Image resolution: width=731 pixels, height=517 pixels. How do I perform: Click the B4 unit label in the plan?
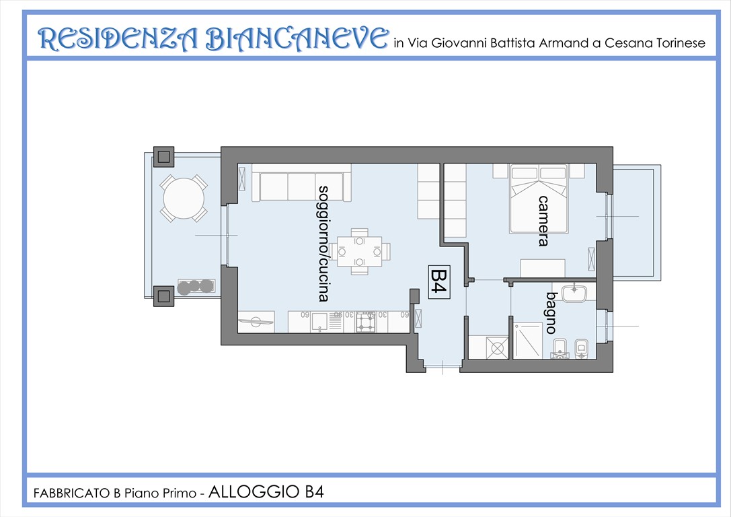[438, 281]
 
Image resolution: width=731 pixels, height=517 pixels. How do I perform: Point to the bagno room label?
[551, 312]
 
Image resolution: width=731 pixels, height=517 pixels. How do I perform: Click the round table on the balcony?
[180, 199]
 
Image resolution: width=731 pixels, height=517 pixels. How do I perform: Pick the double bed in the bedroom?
[539, 199]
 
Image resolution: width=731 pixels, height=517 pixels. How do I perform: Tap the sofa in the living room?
[301, 186]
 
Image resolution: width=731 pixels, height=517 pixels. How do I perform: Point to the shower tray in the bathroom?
[527, 341]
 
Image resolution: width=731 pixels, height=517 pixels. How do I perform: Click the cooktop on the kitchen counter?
[366, 322]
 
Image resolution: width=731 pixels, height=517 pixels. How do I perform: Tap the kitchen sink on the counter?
[320, 322]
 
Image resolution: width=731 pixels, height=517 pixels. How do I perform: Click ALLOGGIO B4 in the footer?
[266, 492]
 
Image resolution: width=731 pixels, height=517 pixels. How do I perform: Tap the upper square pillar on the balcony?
[163, 158]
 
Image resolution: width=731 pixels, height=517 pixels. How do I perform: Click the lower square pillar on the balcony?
[163, 294]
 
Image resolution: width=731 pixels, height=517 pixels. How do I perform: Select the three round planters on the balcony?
[196, 287]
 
